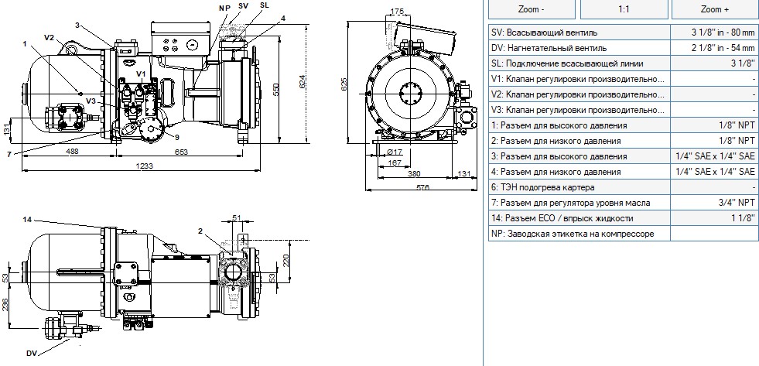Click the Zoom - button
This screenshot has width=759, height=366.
coord(532,9)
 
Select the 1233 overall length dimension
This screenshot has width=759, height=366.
coord(144,166)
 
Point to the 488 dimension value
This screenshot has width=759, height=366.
coord(72,152)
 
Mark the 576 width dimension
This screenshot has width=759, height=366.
coord(423,187)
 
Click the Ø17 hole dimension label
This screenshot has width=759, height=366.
coord(395,152)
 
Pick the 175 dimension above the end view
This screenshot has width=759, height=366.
coord(396,11)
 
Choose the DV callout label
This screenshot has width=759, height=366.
coord(31,352)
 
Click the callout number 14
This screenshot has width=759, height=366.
coord(27,219)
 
